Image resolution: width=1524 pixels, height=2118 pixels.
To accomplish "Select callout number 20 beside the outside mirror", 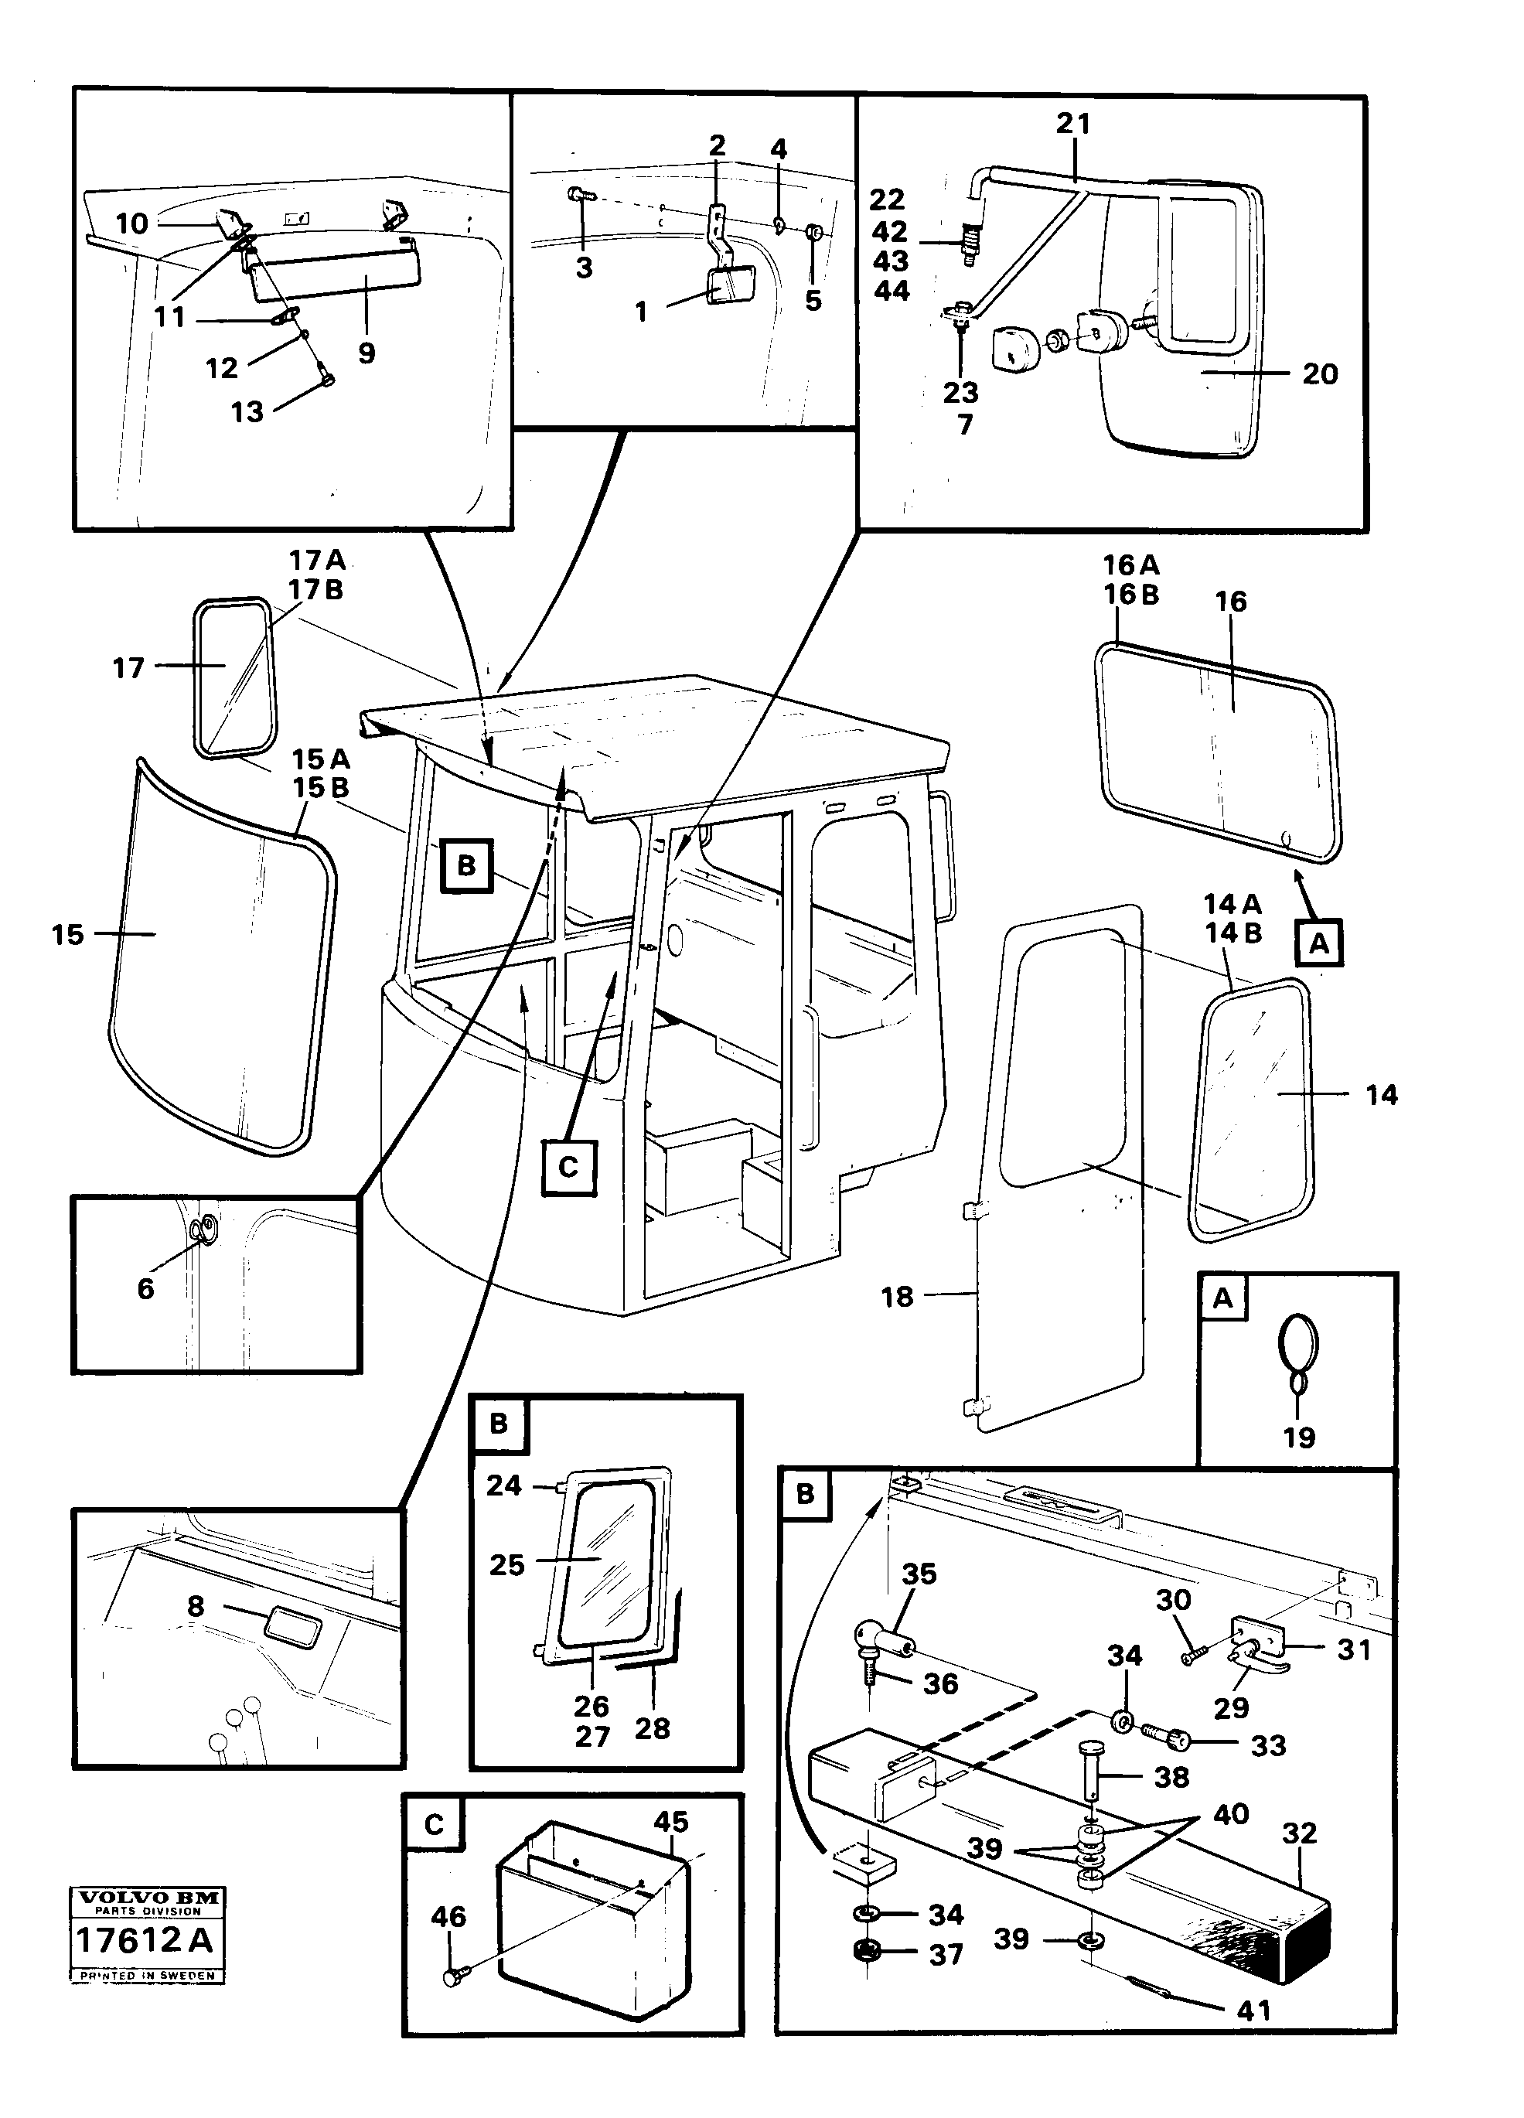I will pyautogui.click(x=1320, y=373).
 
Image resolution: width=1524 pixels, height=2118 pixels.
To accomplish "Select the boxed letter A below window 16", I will pyautogui.click(x=1318, y=943).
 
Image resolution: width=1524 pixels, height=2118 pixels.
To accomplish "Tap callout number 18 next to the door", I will pyautogui.click(x=896, y=1296).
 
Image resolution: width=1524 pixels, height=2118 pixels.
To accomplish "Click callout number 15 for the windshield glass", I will pyautogui.click(x=67, y=935).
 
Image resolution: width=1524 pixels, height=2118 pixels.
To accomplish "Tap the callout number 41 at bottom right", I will pyautogui.click(x=1253, y=2011).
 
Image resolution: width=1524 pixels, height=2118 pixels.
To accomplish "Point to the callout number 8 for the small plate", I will pyautogui.click(x=195, y=1606).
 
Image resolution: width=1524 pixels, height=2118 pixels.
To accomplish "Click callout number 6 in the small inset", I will pyautogui.click(x=145, y=1289).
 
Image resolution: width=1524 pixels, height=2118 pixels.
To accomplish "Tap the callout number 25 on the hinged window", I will pyautogui.click(x=507, y=1565).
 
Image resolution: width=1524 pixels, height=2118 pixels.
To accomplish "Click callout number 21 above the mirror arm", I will pyautogui.click(x=1073, y=123).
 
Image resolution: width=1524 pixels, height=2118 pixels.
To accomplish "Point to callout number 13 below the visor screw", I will pyautogui.click(x=247, y=412).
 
